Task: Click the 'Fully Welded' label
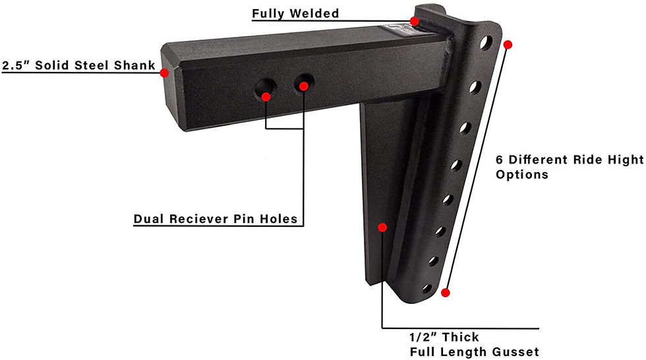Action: point(295,14)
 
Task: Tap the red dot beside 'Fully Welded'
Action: point(414,21)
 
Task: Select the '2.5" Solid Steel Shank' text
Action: point(78,65)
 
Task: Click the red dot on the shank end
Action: point(164,73)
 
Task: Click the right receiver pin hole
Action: point(304,83)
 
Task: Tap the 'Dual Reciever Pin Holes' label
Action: point(216,219)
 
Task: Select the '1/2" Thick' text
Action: point(444,338)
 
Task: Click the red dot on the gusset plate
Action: point(382,227)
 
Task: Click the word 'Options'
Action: point(522,175)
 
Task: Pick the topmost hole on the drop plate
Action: point(486,42)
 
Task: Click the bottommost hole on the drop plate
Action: point(427,289)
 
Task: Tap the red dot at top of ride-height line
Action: point(508,44)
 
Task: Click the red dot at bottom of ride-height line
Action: point(446,293)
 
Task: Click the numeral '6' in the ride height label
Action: point(500,160)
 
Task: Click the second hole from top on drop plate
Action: point(475,87)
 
